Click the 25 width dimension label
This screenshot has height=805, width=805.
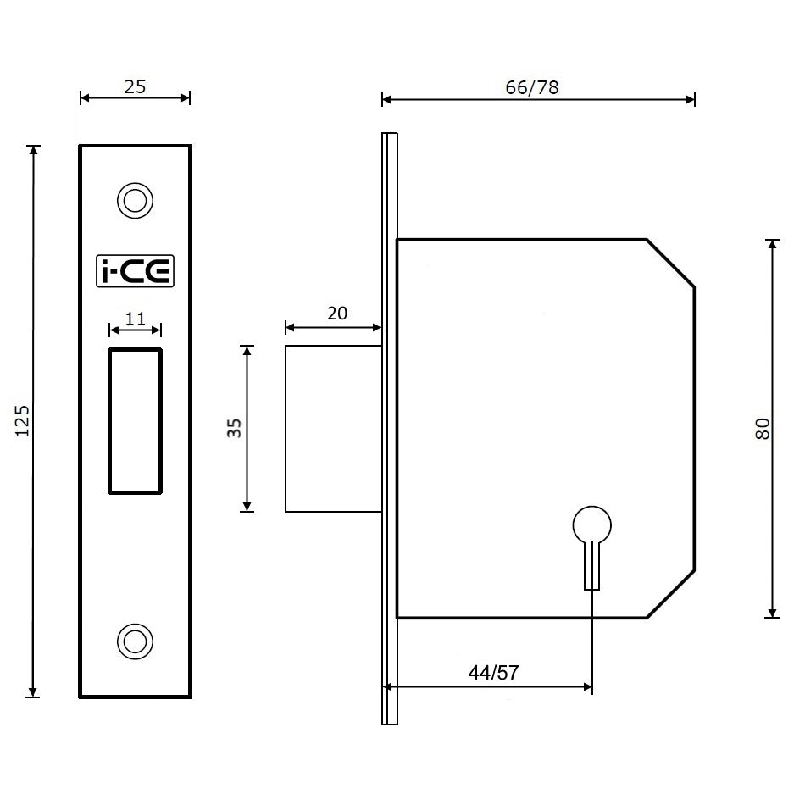135,86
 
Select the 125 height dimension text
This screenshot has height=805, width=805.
23,421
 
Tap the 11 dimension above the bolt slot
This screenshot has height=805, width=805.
135,319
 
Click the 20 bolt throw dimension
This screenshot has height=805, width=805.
336,314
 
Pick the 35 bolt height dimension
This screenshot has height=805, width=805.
236,428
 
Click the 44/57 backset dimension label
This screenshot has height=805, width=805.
493,673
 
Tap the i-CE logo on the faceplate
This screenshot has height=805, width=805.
135,271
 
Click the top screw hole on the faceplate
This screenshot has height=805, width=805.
134,201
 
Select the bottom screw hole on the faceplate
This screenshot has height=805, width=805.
134,641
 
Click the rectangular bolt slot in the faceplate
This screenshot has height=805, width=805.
135,420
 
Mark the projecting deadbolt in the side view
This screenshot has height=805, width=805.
332,429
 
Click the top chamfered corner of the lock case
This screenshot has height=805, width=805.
671,264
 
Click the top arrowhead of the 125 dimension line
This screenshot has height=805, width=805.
34,151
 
